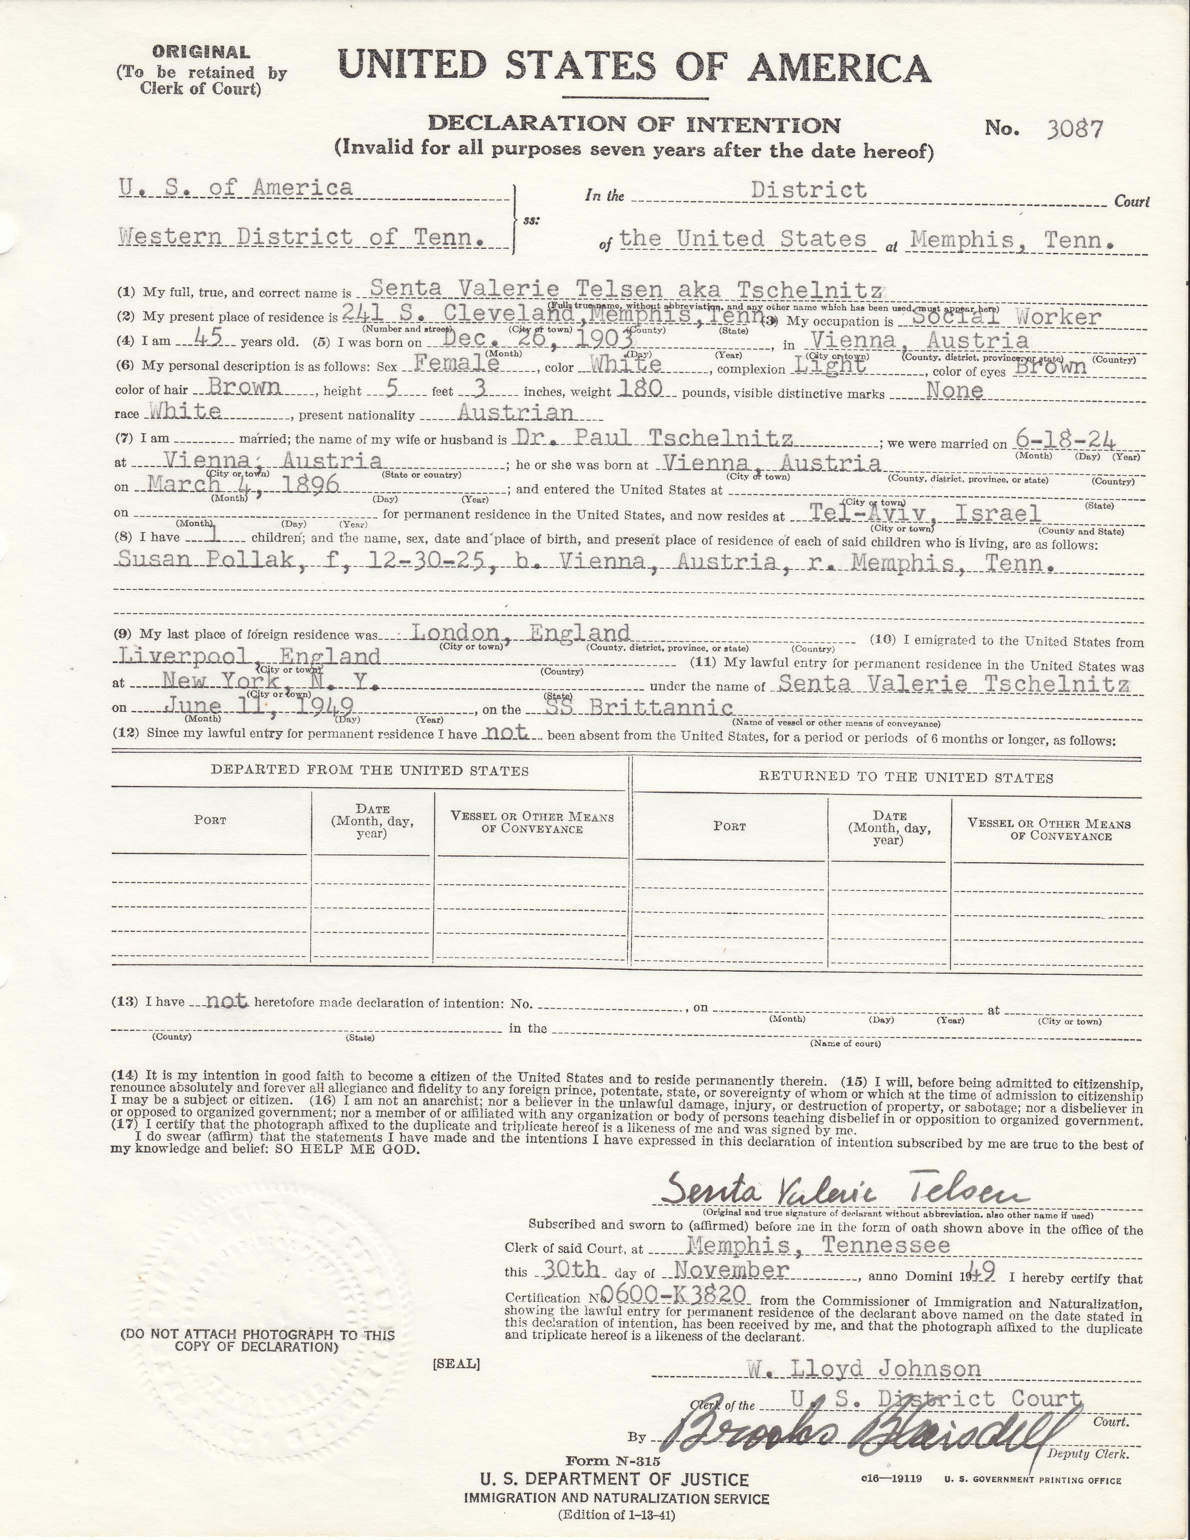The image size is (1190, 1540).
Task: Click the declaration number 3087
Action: click(x=1074, y=129)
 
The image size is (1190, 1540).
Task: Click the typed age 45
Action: click(x=207, y=339)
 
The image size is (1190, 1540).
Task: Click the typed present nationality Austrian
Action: click(x=515, y=413)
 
